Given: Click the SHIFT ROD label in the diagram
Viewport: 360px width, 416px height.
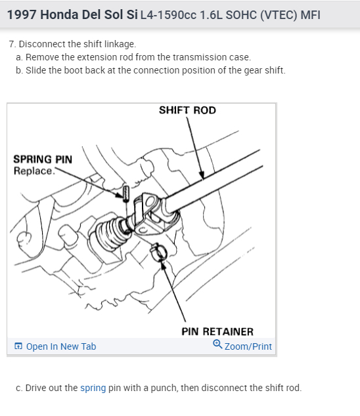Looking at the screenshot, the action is pyautogui.click(x=187, y=110).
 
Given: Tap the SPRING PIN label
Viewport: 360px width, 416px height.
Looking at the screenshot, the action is pyautogui.click(x=43, y=159).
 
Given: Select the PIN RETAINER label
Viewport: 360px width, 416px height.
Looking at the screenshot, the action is pyautogui.click(x=217, y=331).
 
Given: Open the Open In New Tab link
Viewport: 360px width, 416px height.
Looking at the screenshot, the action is pyautogui.click(x=61, y=346).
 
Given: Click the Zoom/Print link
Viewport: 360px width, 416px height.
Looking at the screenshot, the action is pyautogui.click(x=248, y=346).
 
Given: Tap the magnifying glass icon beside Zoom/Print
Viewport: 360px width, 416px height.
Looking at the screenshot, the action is pyautogui.click(x=217, y=344).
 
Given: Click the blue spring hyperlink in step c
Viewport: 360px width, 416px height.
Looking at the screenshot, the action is pyautogui.click(x=93, y=388).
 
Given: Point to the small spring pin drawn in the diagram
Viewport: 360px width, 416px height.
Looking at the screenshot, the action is pyautogui.click(x=126, y=193).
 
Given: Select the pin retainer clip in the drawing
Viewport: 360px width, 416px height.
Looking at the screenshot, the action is pyautogui.click(x=158, y=251).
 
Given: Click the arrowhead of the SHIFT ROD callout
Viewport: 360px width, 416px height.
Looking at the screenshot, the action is pyautogui.click(x=202, y=175).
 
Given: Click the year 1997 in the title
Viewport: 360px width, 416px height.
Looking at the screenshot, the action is pyautogui.click(x=22, y=14).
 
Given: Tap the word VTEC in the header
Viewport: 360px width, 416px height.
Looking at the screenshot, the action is pyautogui.click(x=279, y=15).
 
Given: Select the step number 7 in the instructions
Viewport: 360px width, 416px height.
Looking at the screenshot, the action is pyautogui.click(x=11, y=44).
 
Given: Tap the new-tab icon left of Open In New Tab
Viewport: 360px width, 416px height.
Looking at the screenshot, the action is pyautogui.click(x=18, y=346).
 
